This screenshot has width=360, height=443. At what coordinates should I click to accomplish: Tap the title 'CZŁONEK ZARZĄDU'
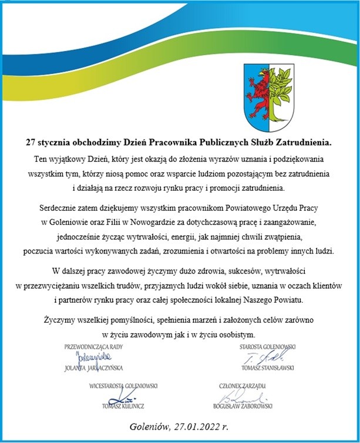[243, 386]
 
